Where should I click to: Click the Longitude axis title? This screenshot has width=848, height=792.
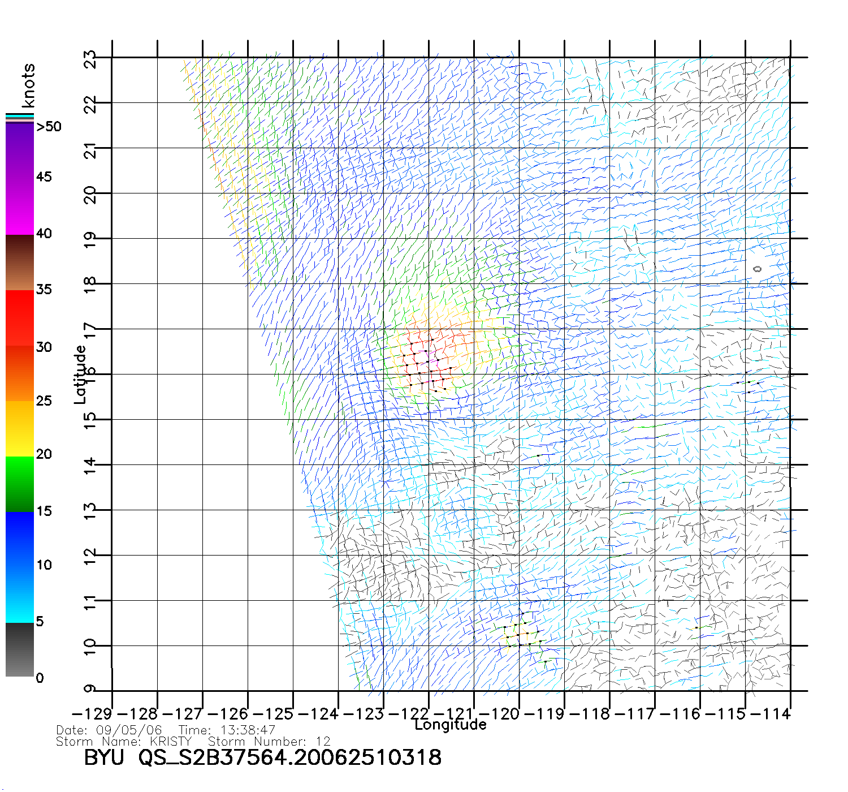click(x=451, y=725)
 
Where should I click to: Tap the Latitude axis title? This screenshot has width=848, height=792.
click(x=80, y=375)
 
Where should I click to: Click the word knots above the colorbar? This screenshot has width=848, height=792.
click(x=28, y=85)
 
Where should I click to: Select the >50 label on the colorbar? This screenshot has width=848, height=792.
click(x=49, y=127)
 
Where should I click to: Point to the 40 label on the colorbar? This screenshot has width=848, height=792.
click(x=44, y=233)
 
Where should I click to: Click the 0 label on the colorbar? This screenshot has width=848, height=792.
click(x=40, y=678)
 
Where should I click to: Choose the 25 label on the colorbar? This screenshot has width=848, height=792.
click(x=44, y=401)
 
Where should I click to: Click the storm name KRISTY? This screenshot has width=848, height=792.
click(x=171, y=741)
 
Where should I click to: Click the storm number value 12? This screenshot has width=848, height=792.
click(x=323, y=741)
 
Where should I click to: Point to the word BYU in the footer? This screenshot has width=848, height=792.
click(x=103, y=757)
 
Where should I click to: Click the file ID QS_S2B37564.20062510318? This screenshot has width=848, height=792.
click(x=290, y=757)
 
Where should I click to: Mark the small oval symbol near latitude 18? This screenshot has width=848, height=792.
click(x=758, y=269)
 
